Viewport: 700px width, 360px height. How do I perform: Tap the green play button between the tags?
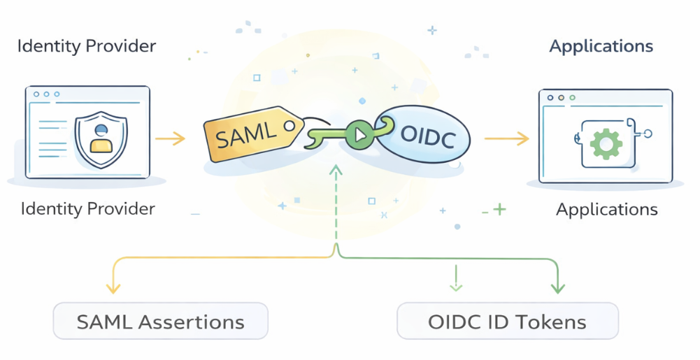(359, 134)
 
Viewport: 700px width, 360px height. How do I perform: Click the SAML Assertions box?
(161, 322)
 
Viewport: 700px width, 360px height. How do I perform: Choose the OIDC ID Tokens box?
(508, 322)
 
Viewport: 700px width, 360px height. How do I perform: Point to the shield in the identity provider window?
(102, 132)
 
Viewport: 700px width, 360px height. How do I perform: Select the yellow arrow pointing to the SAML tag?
(170, 138)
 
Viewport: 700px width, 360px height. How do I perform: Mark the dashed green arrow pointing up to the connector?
(336, 203)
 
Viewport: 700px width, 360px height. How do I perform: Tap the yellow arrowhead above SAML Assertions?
(111, 287)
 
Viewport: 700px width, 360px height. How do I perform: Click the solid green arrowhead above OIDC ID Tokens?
(558, 287)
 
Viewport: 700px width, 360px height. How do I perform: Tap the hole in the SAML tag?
(287, 126)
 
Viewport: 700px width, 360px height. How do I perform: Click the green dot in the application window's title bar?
(572, 98)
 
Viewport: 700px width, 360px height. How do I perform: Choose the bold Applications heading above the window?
(601, 47)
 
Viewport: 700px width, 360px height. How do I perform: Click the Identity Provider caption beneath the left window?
(88, 208)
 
